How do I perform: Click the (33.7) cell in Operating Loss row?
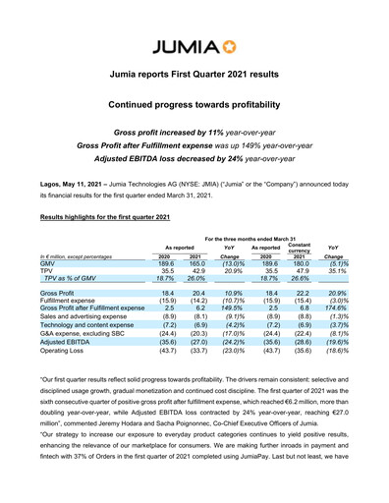point(199,350)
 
